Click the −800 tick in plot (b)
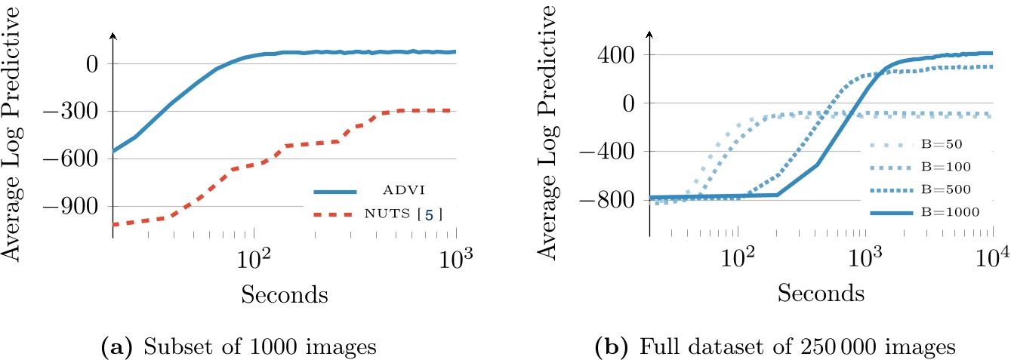pyautogui.click(x=612, y=200)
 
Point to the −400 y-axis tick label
pyautogui.click(x=612, y=152)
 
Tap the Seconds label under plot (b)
pyautogui.click(x=821, y=292)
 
